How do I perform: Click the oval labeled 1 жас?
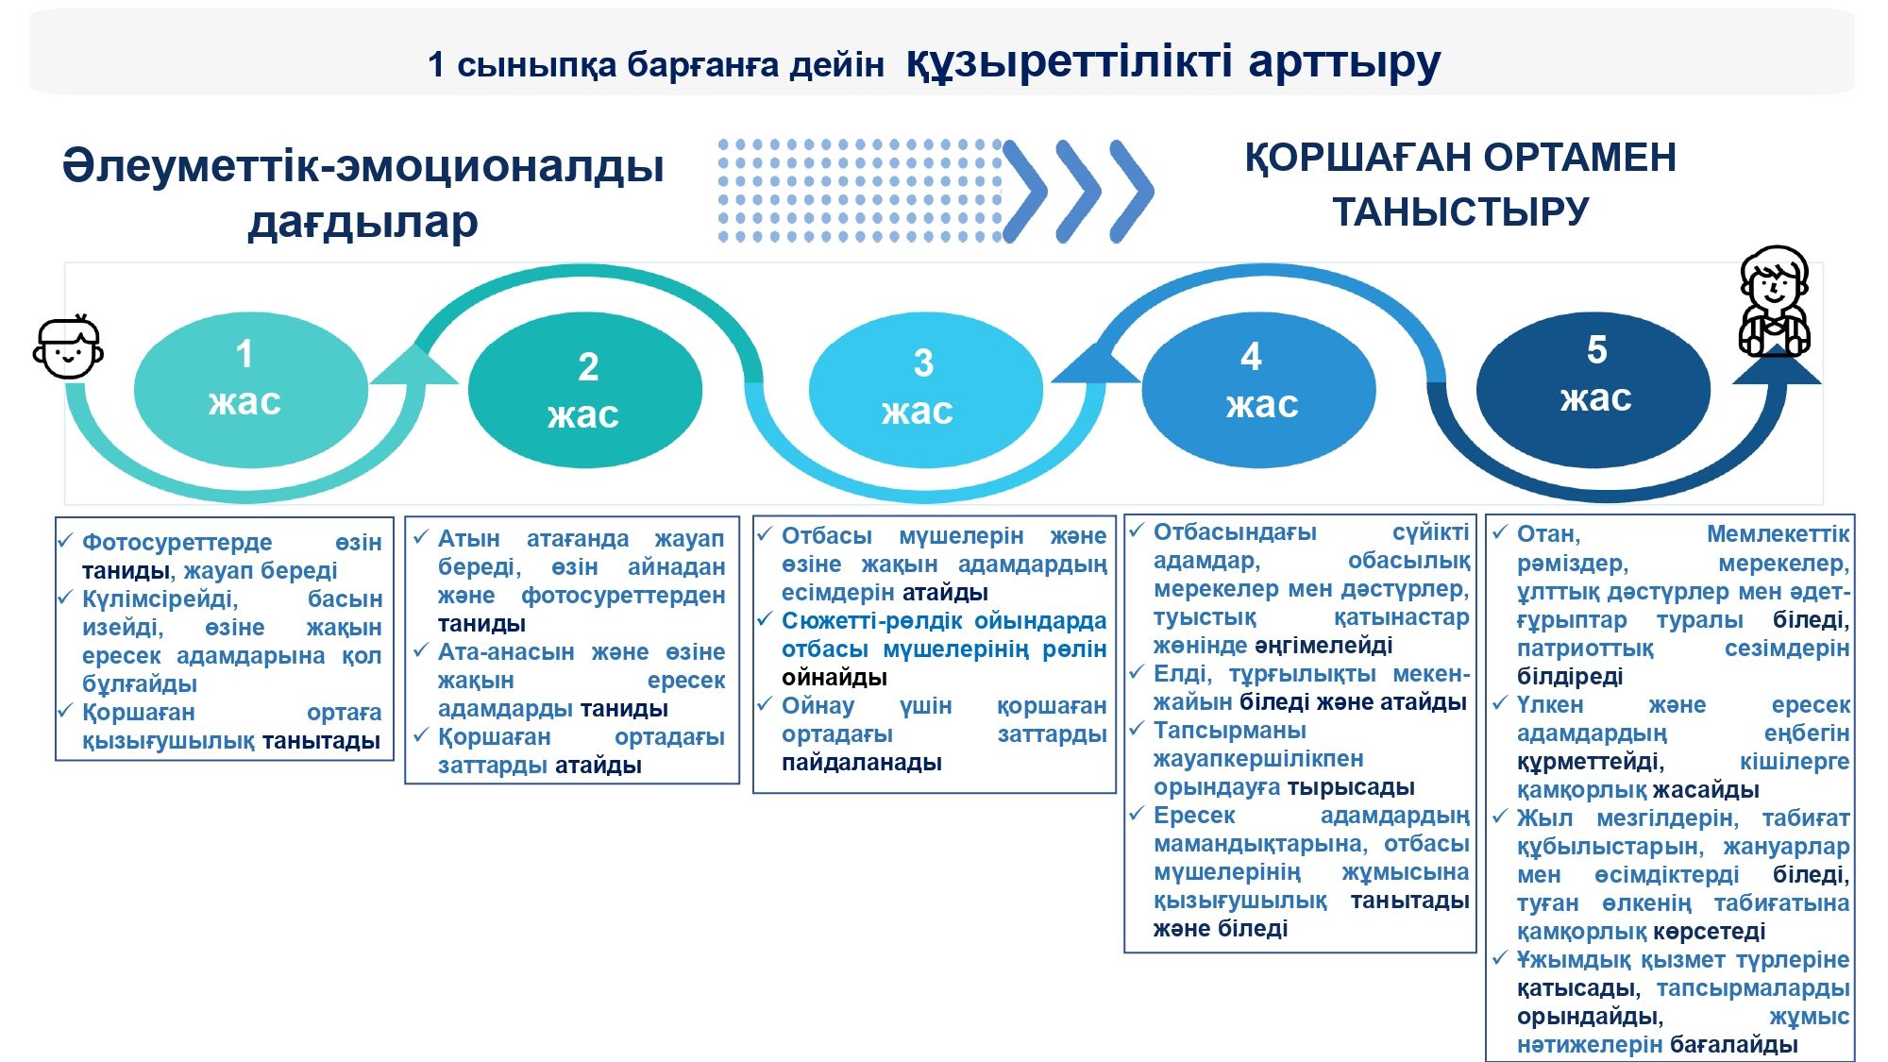pyautogui.click(x=250, y=389)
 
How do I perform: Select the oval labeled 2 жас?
pyautogui.click(x=585, y=389)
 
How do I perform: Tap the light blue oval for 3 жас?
pyautogui.click(x=925, y=389)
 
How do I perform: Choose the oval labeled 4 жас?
pyautogui.click(x=1258, y=389)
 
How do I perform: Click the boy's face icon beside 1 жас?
pyautogui.click(x=68, y=347)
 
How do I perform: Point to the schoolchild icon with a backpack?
pyautogui.click(x=1774, y=302)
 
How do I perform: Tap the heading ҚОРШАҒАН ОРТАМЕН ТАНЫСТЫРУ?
pyautogui.click(x=1460, y=184)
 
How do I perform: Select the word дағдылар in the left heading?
pyautogui.click(x=362, y=223)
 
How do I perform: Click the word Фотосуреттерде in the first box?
pyautogui.click(x=177, y=542)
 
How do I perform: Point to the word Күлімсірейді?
pyautogui.click(x=160, y=599)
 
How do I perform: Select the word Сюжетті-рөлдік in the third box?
pyautogui.click(x=871, y=620)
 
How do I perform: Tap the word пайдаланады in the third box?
pyautogui.click(x=862, y=762)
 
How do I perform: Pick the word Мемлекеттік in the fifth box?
pyautogui.click(x=1778, y=533)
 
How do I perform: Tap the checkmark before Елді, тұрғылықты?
pyautogui.click(x=1138, y=672)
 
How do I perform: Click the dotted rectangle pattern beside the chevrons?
pyautogui.click(x=859, y=191)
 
